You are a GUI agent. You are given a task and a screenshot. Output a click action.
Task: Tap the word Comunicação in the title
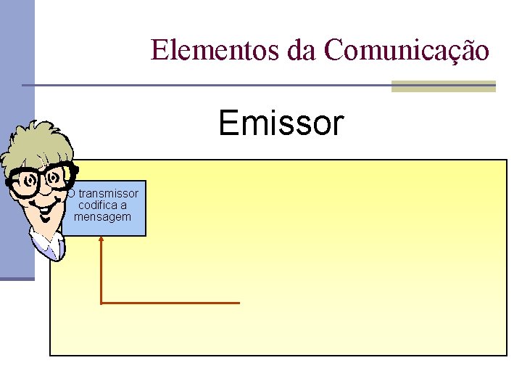pyautogui.click(x=407, y=50)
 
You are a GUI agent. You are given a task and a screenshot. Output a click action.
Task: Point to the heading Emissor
pyautogui.click(x=281, y=123)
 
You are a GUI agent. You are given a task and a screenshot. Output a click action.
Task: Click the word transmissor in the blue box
pyautogui.click(x=108, y=194)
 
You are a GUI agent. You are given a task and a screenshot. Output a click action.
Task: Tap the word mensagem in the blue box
pyautogui.click(x=103, y=216)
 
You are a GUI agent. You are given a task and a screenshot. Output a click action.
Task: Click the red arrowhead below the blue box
pyautogui.click(x=101, y=240)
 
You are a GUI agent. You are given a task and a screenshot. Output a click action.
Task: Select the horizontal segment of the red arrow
pyautogui.click(x=170, y=303)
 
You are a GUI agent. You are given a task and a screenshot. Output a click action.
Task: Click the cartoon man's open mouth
pyautogui.click(x=46, y=214)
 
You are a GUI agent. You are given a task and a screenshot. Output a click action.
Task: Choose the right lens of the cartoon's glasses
pyautogui.click(x=57, y=176)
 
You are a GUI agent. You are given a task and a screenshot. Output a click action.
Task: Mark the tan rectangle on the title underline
pyautogui.click(x=443, y=86)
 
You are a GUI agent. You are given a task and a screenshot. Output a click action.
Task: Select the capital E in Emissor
pyautogui.click(x=230, y=123)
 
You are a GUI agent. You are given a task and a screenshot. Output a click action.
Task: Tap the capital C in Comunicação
pyautogui.click(x=336, y=50)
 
